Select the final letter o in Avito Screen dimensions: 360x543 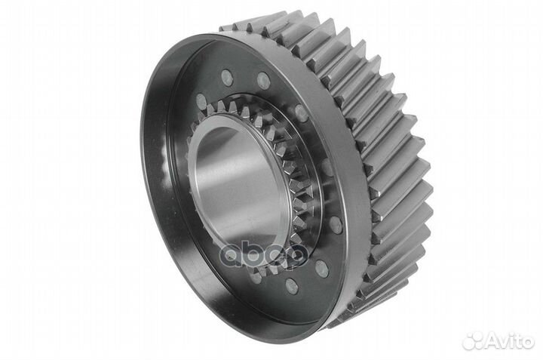click(x=527, y=342)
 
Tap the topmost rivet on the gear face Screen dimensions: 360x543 click(x=226, y=75)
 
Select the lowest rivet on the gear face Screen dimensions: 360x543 click(x=292, y=286)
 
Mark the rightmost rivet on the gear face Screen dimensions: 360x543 click(x=336, y=225)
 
